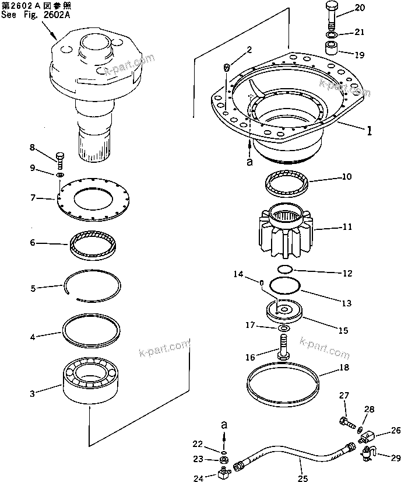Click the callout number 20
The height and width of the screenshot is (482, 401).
[360, 8]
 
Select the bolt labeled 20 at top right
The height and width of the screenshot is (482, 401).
[330, 15]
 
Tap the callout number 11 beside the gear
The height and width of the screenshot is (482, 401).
[347, 227]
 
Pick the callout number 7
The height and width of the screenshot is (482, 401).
[34, 198]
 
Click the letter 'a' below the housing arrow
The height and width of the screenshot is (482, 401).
[250, 163]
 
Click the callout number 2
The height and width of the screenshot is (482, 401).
[249, 50]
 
